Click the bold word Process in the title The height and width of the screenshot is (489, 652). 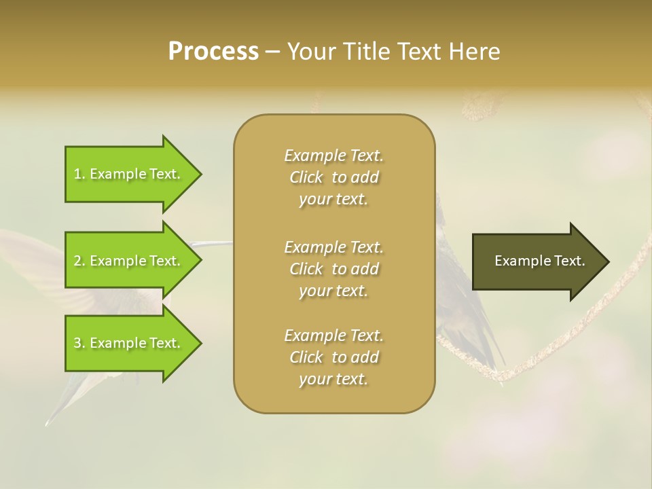click(213, 52)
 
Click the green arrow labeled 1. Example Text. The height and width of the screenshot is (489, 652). click(129, 174)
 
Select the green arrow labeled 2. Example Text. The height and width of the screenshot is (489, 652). click(129, 261)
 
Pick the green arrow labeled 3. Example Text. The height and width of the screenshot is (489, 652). click(129, 343)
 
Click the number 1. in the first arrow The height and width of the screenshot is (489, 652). click(79, 174)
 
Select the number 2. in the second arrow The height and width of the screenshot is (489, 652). click(79, 261)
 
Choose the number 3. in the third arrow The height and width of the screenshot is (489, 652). click(79, 343)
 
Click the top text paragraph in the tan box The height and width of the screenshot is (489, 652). click(333, 177)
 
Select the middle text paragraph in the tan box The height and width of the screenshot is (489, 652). click(333, 269)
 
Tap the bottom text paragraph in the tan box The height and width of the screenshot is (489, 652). click(333, 357)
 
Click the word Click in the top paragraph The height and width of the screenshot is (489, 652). click(306, 177)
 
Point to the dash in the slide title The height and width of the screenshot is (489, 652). click(273, 52)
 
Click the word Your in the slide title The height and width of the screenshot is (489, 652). click(311, 52)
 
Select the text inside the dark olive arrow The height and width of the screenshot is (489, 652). click(539, 261)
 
